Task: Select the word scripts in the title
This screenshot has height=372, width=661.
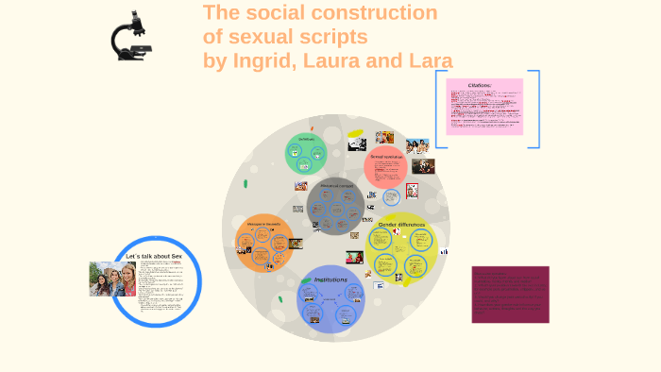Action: point(331,37)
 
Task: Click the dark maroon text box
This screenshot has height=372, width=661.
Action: point(510,295)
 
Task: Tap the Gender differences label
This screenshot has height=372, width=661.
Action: point(400,225)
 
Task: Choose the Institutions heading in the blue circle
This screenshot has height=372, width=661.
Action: point(330,279)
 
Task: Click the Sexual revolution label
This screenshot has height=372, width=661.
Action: point(386,157)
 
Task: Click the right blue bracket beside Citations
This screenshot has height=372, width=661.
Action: point(535,109)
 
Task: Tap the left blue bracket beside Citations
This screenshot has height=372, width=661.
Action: point(438,109)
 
